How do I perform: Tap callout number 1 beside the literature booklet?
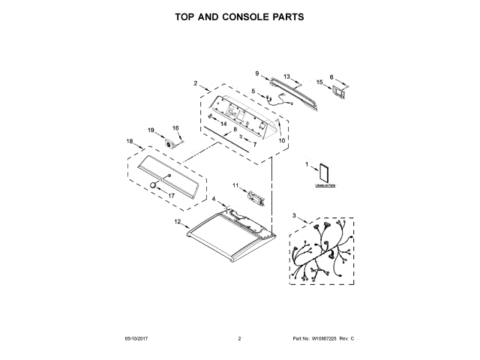click(x=307, y=163)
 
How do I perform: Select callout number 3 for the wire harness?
click(x=294, y=217)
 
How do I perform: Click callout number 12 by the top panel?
click(x=178, y=222)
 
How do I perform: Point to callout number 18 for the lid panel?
click(x=129, y=142)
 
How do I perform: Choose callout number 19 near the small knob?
click(x=151, y=130)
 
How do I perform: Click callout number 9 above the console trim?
click(x=256, y=73)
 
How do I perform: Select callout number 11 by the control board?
click(x=234, y=185)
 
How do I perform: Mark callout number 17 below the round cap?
click(x=170, y=196)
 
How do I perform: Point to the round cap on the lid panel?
click(x=154, y=184)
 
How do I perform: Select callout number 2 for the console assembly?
click(x=195, y=83)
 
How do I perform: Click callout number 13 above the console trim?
click(x=286, y=76)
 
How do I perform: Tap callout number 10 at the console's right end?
click(x=283, y=140)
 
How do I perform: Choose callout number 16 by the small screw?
click(x=177, y=128)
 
